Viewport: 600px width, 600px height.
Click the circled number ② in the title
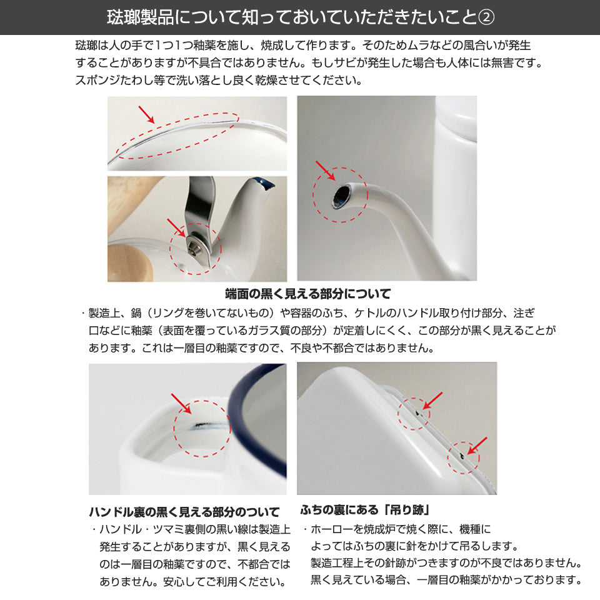[x=486, y=17]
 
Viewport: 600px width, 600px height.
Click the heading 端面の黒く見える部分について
[x=308, y=294]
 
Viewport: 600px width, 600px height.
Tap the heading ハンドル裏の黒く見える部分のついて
[x=184, y=512]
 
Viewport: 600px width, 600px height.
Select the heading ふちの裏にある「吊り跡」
[x=365, y=510]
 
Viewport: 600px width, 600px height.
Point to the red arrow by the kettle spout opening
[x=325, y=171]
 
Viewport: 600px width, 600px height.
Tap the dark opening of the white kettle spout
[x=340, y=196]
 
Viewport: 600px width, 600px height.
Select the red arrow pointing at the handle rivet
[x=176, y=228]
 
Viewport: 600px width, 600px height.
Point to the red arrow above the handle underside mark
[x=181, y=403]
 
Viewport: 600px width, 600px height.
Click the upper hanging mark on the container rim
[x=418, y=412]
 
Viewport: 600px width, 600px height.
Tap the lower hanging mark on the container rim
[x=462, y=456]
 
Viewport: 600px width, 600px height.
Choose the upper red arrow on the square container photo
[x=432, y=401]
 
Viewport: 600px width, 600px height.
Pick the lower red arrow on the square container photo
[x=477, y=446]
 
